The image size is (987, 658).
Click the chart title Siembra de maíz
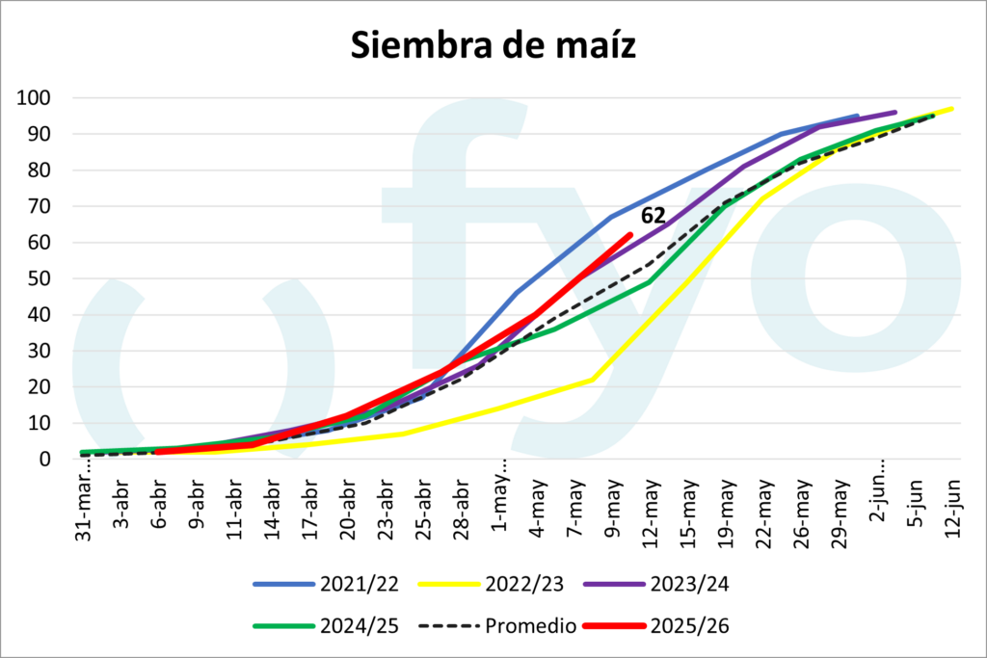tap(493, 44)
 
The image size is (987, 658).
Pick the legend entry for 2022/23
tap(491, 584)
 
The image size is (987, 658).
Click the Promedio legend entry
tap(499, 625)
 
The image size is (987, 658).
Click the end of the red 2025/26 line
tap(629, 234)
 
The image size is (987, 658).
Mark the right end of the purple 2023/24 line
tap(895, 112)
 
